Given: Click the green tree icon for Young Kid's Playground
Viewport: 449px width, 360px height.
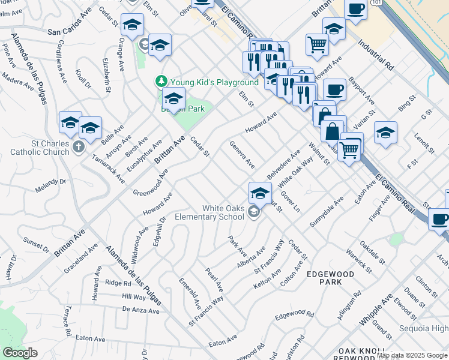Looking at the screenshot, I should (161, 82).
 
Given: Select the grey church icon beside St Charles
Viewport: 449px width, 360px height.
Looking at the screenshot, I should (78, 146).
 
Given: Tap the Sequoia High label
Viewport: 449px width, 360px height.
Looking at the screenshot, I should (424, 329).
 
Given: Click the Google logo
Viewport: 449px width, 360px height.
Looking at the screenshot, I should (20, 353).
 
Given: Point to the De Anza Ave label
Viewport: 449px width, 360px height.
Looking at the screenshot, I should (140, 310).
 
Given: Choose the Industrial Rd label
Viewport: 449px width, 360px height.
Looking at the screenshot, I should (376, 55).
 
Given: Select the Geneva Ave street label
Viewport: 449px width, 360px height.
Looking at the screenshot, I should (242, 155).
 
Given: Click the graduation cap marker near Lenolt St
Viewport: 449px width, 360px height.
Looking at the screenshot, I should (385, 133).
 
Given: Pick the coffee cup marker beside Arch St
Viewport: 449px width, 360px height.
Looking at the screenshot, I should (440, 219).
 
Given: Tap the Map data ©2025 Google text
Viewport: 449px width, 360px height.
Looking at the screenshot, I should (412, 355).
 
